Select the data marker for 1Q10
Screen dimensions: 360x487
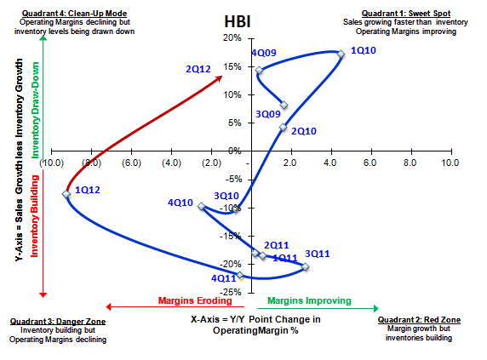(x=341, y=54)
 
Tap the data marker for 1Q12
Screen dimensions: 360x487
(x=66, y=194)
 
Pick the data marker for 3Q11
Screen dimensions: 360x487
(x=306, y=267)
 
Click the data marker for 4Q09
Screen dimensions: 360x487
(x=259, y=71)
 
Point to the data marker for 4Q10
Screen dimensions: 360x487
(x=201, y=206)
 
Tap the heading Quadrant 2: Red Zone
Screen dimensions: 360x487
(x=419, y=320)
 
